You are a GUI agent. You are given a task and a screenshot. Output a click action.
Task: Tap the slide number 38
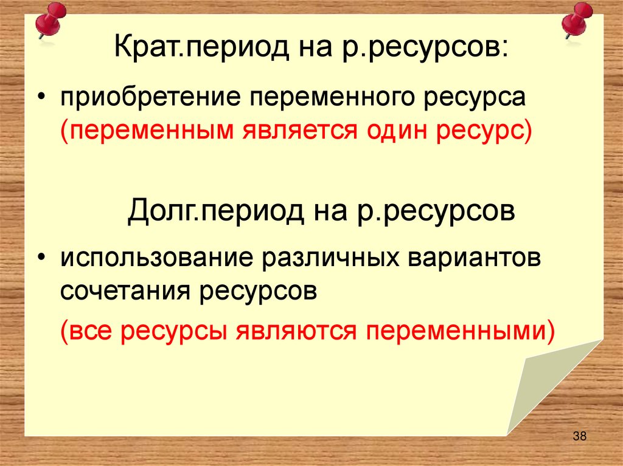coord(579,436)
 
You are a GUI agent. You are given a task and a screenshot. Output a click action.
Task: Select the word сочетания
coord(125,292)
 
